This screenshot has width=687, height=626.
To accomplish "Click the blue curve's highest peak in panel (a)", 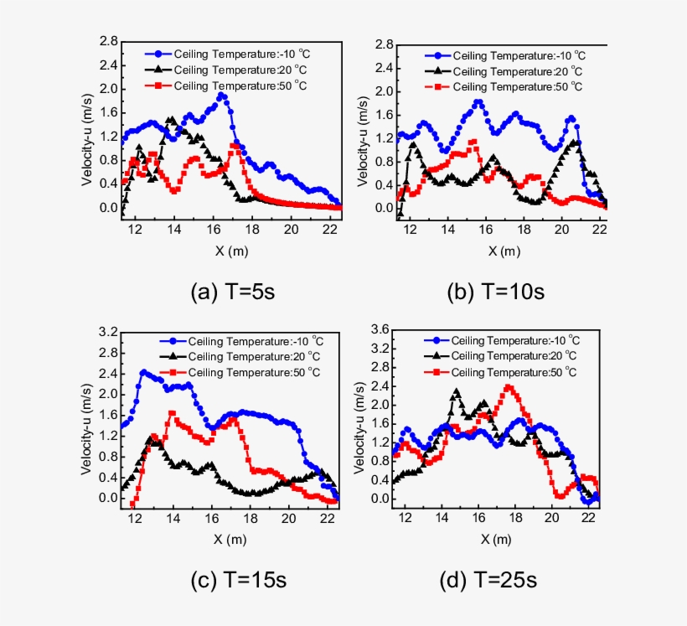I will [x=222, y=96].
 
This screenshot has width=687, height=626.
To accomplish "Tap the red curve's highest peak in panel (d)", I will [x=509, y=386].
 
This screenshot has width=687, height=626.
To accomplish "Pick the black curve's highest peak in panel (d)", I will [x=457, y=391].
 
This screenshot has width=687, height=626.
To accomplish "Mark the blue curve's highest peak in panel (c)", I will [x=143, y=371].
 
